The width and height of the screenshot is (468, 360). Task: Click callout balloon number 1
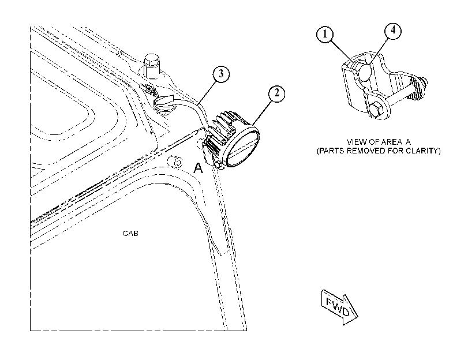[x=325, y=35]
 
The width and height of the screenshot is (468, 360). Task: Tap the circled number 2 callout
[x=276, y=93]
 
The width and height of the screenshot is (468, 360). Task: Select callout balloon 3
[x=221, y=74]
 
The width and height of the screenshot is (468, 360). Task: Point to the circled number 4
[x=392, y=31]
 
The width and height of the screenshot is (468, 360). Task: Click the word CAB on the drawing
[x=130, y=233]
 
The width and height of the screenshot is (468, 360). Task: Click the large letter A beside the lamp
[x=198, y=168]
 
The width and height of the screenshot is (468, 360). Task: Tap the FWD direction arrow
[x=339, y=307]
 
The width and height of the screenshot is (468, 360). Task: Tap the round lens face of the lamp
[x=242, y=148]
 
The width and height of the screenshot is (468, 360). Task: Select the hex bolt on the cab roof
[x=152, y=66]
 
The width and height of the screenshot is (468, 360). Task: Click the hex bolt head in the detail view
[x=376, y=110]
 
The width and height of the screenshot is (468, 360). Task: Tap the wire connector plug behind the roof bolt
[x=148, y=89]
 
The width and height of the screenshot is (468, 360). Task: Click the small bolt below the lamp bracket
[x=218, y=165]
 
